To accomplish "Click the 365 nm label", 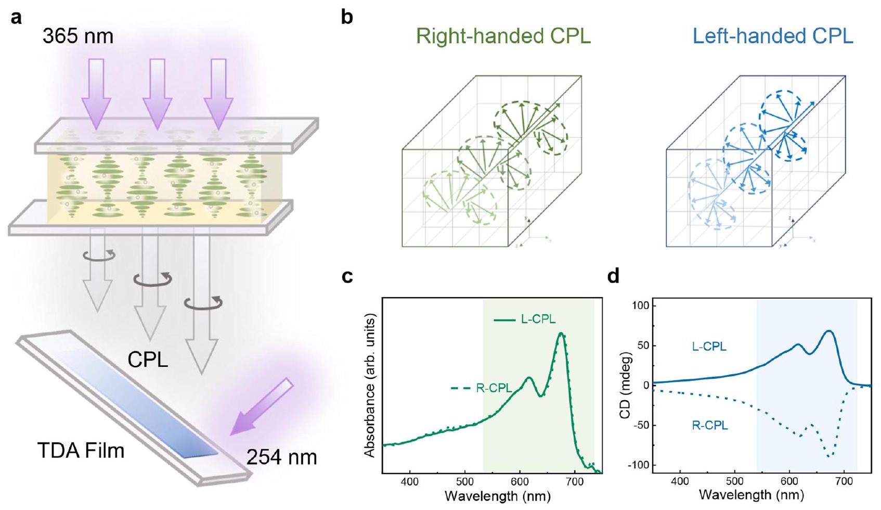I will point(78,36).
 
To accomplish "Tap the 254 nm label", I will point(281,457).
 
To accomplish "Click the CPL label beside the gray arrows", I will point(148,360).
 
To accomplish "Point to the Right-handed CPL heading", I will point(503,36).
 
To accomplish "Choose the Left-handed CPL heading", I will point(773,36).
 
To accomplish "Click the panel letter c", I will point(347,276).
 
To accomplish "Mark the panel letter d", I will point(614,276).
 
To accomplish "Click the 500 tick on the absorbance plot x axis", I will point(465,482).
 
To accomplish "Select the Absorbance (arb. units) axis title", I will point(370,385).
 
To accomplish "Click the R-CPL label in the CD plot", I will point(709,426).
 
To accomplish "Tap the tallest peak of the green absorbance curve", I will point(561,334).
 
